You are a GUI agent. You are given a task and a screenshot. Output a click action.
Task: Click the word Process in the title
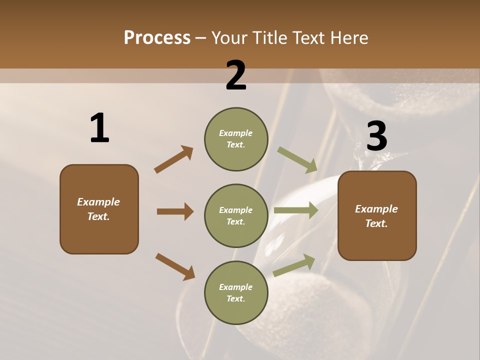[x=157, y=38]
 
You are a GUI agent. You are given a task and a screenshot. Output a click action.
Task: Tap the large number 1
[x=99, y=128]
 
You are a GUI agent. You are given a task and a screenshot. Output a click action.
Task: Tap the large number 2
[x=236, y=75]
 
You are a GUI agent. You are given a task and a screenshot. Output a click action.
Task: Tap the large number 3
[x=376, y=136]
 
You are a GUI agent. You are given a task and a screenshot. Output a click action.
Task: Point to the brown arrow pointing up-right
[x=174, y=159]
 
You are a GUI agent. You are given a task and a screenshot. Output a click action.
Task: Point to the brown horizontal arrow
[x=175, y=211]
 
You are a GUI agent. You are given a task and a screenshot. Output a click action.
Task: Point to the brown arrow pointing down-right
[x=175, y=266]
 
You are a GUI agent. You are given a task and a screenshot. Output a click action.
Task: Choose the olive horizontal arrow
[x=296, y=210]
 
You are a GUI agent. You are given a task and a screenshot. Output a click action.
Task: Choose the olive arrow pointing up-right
[x=294, y=265]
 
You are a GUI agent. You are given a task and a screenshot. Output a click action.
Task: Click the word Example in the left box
[x=98, y=202]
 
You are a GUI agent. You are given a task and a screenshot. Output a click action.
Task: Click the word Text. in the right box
[x=376, y=223]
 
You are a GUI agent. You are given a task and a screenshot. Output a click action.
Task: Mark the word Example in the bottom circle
[x=235, y=287]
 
